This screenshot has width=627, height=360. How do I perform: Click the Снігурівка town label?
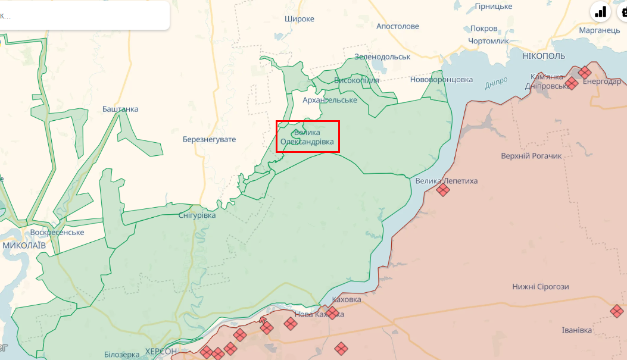pos(197,215)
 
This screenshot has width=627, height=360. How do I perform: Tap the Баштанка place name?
pos(120,109)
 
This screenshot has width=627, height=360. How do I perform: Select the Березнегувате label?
pos(209,139)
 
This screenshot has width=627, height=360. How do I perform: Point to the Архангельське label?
pos(330,100)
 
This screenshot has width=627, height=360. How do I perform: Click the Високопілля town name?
pos(356,80)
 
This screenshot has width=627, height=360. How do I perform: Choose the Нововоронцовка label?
pos(441,79)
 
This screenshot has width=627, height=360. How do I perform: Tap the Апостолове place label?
pos(398,26)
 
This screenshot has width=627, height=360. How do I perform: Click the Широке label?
pos(300,18)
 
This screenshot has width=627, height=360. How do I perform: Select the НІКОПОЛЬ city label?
pos(544,56)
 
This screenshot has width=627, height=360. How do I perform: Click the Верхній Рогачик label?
pos(532,156)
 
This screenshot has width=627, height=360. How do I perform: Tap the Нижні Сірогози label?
pos(541,287)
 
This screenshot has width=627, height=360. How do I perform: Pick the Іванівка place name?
pos(577,330)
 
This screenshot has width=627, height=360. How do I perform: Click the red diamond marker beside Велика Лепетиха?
pos(442,190)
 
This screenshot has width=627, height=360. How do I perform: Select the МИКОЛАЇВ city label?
pos(24,245)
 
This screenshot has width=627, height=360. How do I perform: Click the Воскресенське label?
pos(57,232)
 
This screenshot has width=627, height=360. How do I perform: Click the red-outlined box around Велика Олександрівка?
pos(308,136)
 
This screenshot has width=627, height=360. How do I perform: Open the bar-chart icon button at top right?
pos(600,11)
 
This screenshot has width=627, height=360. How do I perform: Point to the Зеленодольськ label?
pos(382,57)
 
